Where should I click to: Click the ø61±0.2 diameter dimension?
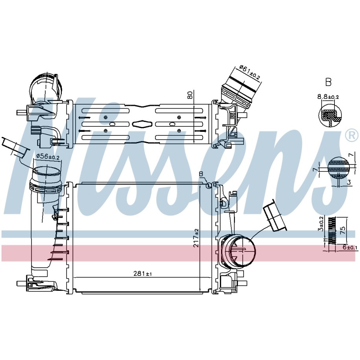coord(249,72)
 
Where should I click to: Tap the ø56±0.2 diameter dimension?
coord(48,157)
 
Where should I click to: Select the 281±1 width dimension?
coord(142,273)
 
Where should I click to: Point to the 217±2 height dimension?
coord(196,238)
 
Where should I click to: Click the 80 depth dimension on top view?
coord(190,95)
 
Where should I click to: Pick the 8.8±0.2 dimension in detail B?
coord(328,97)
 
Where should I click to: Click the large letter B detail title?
coord(328,82)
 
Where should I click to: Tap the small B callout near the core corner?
coord(201,174)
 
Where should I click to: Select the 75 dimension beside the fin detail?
coord(342,230)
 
